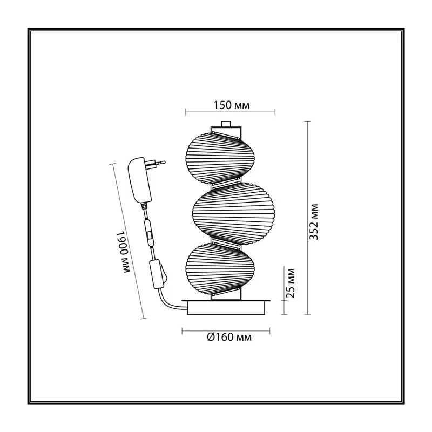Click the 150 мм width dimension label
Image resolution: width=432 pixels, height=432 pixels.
(232, 105)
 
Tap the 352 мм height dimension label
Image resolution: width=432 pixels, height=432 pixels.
(314, 221)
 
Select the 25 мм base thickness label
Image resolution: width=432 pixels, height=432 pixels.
(291, 283)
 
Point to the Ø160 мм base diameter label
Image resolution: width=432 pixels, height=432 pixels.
(229, 337)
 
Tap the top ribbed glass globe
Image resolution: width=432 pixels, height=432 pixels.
(220, 158)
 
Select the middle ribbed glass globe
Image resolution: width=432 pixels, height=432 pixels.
(233, 214)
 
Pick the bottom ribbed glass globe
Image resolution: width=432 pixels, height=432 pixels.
(220, 267)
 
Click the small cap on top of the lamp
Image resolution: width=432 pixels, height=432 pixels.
(226, 124)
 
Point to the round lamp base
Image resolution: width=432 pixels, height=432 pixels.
(226, 307)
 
